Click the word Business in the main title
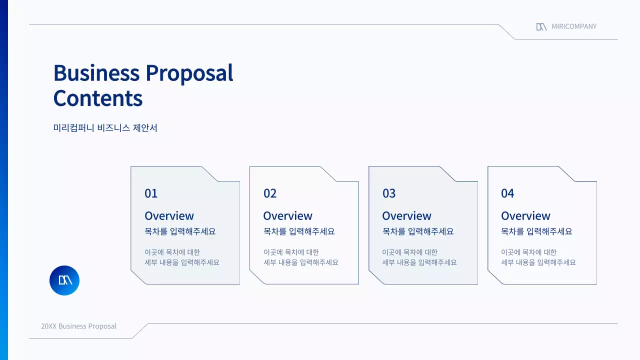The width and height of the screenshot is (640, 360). point(96,73)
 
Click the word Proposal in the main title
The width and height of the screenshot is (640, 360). point(189,73)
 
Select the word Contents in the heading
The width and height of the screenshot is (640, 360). point(98,98)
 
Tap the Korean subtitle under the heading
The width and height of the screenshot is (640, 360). point(105,128)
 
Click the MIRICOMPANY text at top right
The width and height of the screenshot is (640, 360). point(574,26)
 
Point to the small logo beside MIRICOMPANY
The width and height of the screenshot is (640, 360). point(541,26)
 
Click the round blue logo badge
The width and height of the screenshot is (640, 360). point(64,280)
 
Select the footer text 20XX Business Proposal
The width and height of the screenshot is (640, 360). point(78,326)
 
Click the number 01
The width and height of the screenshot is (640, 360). point(151,193)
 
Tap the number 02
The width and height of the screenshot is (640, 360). point(270,193)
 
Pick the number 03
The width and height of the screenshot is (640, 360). point(389,193)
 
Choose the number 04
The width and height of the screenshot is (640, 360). point(507,193)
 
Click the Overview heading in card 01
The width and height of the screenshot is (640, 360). point(169,216)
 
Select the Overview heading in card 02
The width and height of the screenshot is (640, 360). point(287,216)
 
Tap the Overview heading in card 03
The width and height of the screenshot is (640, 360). point(406,216)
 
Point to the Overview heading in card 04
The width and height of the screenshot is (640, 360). point(525,216)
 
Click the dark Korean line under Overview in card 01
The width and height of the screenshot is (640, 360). point(180,231)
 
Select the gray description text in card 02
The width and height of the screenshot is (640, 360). point(300,257)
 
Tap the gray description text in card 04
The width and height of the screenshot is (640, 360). point(538,257)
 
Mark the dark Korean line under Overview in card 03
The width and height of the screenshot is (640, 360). point(418,231)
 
